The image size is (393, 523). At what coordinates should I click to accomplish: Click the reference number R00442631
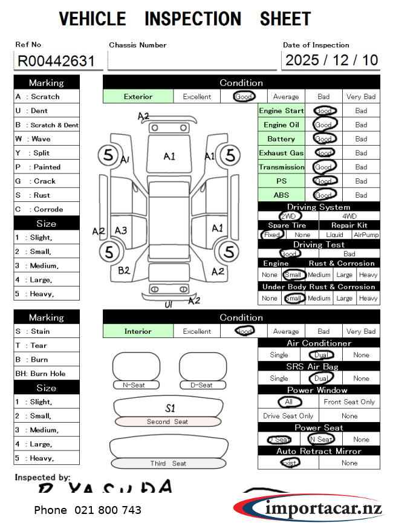pyautogui.click(x=56, y=60)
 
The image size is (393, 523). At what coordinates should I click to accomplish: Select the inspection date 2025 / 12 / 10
pyautogui.click(x=331, y=60)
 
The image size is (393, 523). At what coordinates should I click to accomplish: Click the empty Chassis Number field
pyautogui.click(x=192, y=60)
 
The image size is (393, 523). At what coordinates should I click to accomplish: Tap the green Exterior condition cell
pyautogui.click(x=138, y=96)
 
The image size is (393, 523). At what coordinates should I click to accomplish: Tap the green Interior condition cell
pyautogui.click(x=138, y=331)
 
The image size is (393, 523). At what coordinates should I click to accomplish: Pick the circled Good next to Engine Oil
pyautogui.click(x=324, y=125)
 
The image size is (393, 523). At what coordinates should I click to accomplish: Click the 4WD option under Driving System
pyautogui.click(x=349, y=216)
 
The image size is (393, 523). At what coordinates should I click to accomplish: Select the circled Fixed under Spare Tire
pyautogui.click(x=272, y=235)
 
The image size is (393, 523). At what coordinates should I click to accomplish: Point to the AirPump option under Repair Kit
pyautogui.click(x=366, y=235)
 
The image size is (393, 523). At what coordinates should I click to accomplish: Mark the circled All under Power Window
pyautogui.click(x=289, y=401)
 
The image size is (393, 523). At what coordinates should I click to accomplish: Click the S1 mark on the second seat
pyautogui.click(x=171, y=408)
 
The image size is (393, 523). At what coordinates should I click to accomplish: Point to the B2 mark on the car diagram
pyautogui.click(x=124, y=270)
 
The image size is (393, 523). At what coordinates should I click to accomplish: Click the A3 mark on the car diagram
pyautogui.click(x=121, y=230)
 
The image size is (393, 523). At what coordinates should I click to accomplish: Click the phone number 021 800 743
pyautogui.click(x=88, y=510)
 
